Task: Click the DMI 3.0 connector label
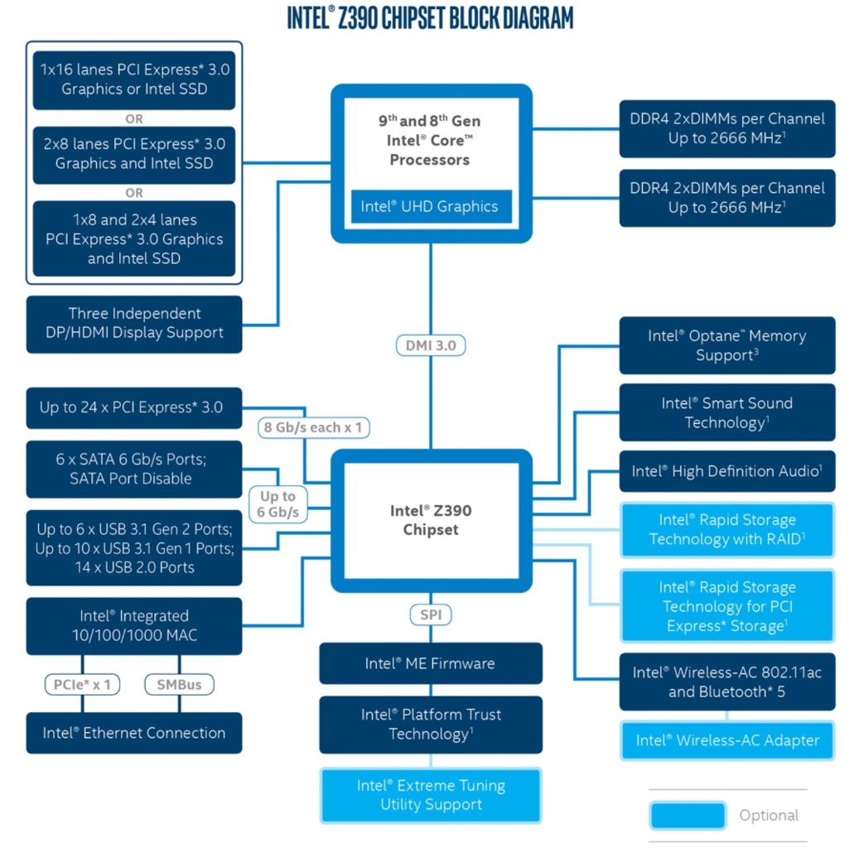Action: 431,345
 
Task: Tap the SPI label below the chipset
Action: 431,614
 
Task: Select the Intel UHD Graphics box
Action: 431,206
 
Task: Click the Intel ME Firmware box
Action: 431,663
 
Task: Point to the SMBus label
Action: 179,684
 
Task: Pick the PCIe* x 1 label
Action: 82,684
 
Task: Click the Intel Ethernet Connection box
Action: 134,733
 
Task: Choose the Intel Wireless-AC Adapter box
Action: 727,740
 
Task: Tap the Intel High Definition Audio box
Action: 727,471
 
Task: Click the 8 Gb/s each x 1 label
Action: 313,427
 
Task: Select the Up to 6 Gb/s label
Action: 277,504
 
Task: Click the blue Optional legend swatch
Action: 688,816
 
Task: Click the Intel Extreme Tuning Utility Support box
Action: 431,795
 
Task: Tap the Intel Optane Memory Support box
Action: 727,345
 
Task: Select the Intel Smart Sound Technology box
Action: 727,412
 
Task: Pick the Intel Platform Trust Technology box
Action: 431,725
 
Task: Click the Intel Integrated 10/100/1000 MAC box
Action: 134,626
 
